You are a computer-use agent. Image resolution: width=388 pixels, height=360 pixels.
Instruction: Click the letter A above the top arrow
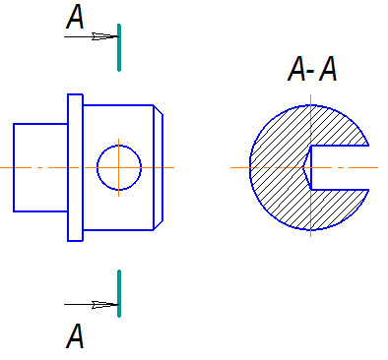75,17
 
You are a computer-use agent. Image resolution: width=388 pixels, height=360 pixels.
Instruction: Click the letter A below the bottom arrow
75,335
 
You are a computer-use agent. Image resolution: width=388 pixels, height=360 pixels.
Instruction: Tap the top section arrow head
104,36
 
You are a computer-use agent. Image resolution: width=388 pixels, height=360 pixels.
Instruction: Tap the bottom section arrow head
104,305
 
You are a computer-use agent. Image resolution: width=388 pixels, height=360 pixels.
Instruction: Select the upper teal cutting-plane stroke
119,47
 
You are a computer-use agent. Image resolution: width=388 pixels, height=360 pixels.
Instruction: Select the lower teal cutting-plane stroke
119,293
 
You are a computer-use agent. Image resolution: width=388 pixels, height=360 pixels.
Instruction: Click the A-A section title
312,69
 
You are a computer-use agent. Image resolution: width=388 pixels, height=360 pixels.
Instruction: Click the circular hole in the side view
119,146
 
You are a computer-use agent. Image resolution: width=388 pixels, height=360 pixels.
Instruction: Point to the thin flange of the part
75,167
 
